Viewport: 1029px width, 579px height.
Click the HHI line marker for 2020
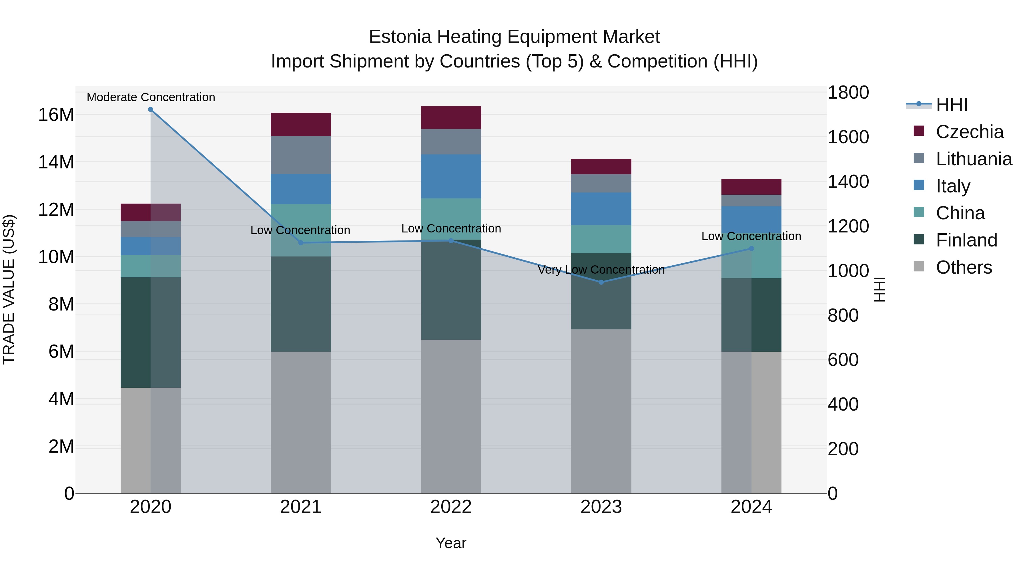151,110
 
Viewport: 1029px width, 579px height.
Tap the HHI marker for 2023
601,282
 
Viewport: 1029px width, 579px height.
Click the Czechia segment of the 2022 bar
451,118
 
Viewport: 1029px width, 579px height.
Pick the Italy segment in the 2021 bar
301,189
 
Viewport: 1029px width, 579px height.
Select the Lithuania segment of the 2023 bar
601,183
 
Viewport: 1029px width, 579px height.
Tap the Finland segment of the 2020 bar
136,333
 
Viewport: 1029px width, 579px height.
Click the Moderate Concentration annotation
151,97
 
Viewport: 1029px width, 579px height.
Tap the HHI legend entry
952,105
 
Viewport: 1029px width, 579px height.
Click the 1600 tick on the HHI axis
848,137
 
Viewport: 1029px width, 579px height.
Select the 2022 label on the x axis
451,507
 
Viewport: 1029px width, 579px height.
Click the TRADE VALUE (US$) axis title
9,289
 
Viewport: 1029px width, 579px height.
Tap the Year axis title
451,543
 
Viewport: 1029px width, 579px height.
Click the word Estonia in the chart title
400,37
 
